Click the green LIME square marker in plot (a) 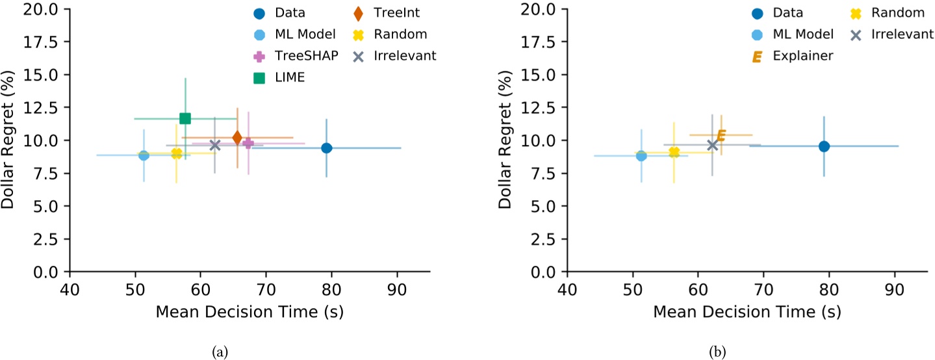coord(185,118)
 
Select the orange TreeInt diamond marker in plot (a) coord(237,138)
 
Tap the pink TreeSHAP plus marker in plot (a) coord(248,143)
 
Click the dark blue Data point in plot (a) coord(327,148)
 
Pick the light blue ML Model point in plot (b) coord(641,155)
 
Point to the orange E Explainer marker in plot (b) coord(721,135)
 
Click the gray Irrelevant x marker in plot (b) coord(712,144)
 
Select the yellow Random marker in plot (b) coord(674,152)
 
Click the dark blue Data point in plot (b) coord(824,146)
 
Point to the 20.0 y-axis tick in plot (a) coord(42,9)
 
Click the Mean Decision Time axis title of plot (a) coord(249,311)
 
